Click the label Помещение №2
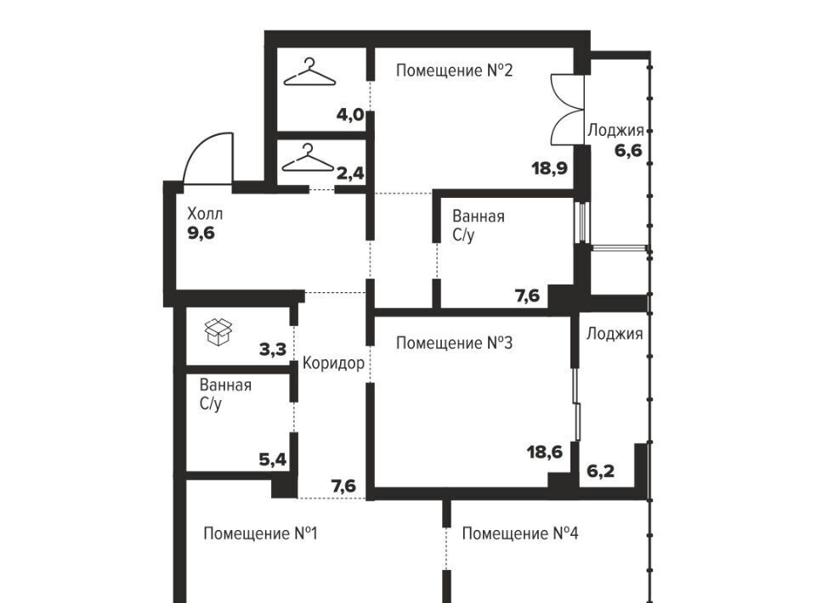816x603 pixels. point(454,70)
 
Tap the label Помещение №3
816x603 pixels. point(454,343)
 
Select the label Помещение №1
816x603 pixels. point(260,533)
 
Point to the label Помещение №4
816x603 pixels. point(520,533)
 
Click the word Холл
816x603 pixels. point(205,214)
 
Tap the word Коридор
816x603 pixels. point(333,363)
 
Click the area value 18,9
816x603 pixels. point(550,168)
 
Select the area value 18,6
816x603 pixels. point(545,452)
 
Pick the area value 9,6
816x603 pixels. point(201,234)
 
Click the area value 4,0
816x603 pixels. point(350,115)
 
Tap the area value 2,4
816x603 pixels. point(350,173)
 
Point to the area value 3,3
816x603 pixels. point(273,349)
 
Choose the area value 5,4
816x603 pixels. point(273,459)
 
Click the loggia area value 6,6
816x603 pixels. point(628,151)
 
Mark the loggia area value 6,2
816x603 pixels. point(601,471)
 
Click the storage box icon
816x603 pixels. point(218,331)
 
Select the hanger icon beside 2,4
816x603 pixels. point(308,158)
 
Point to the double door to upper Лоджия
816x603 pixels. point(567,110)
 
